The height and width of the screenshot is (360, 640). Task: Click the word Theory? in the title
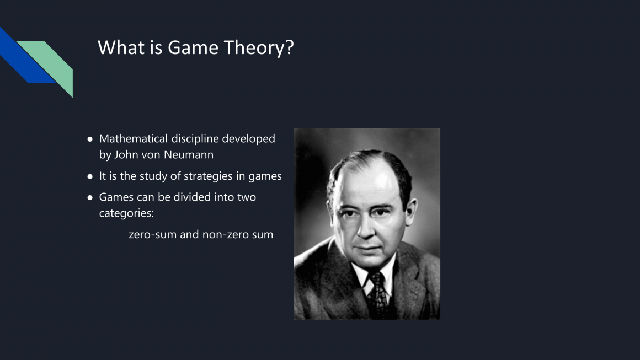pos(259,49)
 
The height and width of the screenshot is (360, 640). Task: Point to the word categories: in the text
pos(126,213)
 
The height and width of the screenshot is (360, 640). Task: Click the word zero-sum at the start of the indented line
pos(152,234)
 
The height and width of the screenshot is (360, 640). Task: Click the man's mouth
pos(367,248)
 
